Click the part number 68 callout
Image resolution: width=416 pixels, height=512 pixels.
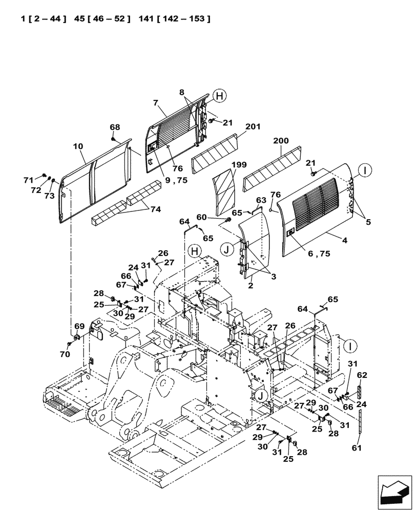point(114,127)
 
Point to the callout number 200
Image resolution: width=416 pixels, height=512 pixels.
point(281,140)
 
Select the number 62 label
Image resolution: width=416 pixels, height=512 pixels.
point(362,375)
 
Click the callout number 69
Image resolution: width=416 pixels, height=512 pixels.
point(79,326)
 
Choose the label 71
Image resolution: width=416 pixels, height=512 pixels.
point(29,180)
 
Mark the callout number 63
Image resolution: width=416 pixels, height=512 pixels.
point(261,200)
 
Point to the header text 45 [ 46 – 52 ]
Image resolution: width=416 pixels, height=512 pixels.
point(102,19)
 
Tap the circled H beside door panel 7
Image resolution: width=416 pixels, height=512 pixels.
point(219,96)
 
